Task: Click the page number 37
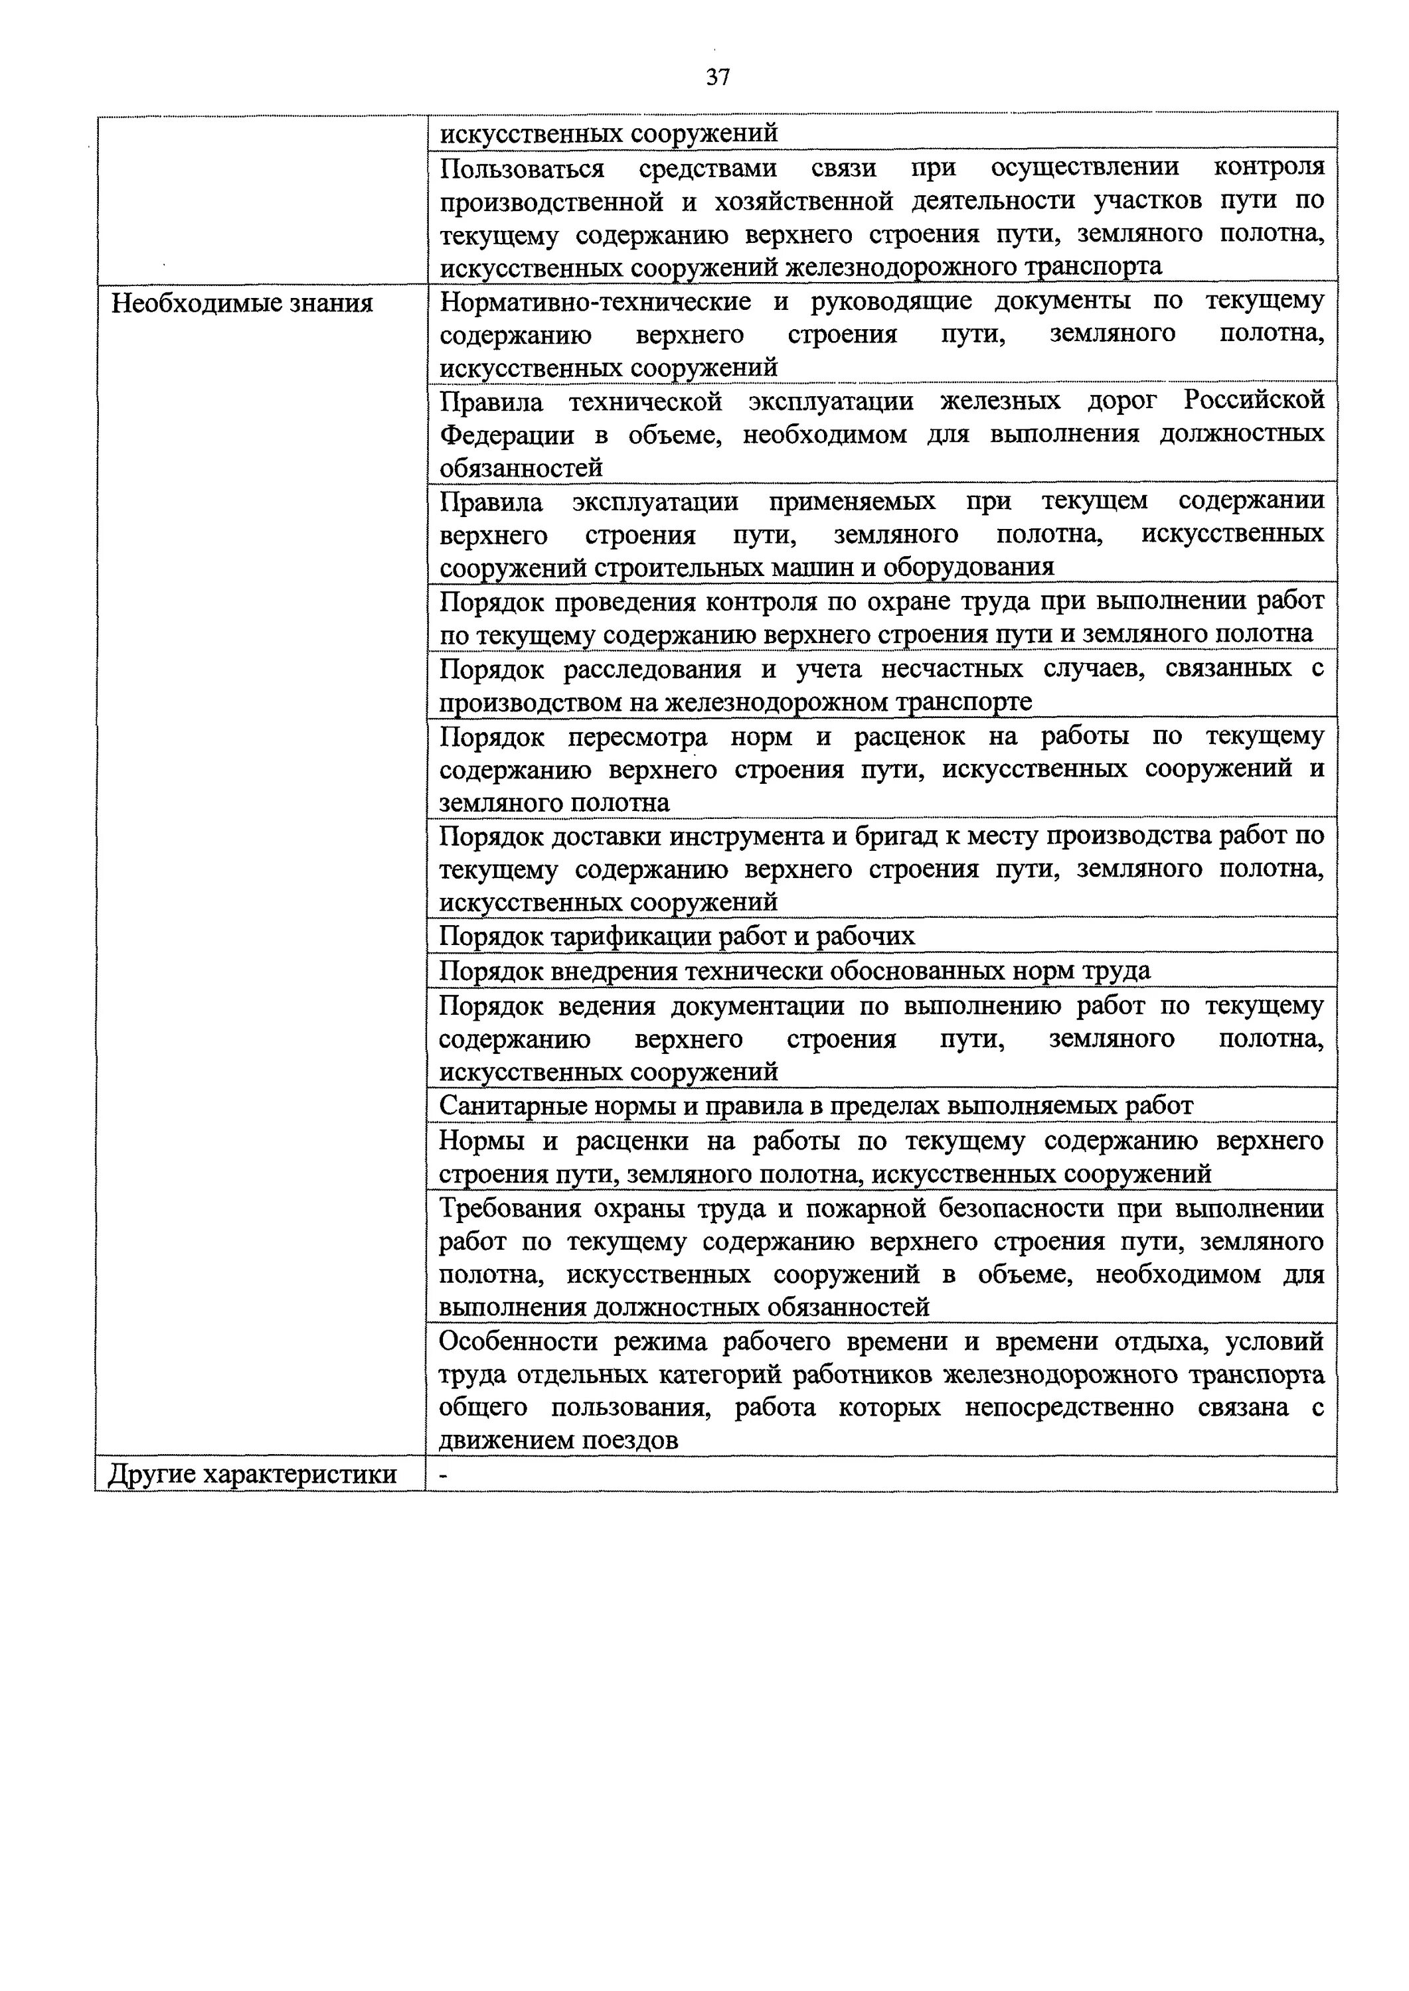[718, 78]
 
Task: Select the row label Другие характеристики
[252, 1474]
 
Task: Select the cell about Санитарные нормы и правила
[815, 1106]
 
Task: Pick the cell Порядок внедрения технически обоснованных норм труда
[795, 970]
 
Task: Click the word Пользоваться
[521, 167]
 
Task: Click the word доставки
[600, 837]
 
